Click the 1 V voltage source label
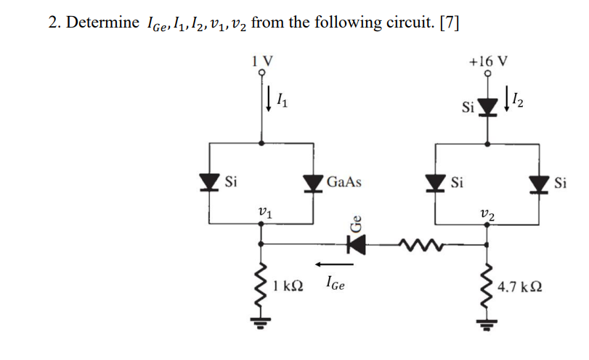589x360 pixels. pyautogui.click(x=261, y=61)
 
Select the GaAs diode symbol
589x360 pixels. pyautogui.click(x=314, y=181)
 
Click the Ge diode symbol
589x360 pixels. pyautogui.click(x=355, y=245)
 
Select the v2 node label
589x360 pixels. pyautogui.click(x=487, y=213)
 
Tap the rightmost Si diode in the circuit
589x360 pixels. pyautogui.click(x=540, y=181)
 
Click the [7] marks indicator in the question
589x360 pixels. pyautogui.click(x=450, y=22)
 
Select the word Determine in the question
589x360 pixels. pyautogui.click(x=101, y=22)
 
